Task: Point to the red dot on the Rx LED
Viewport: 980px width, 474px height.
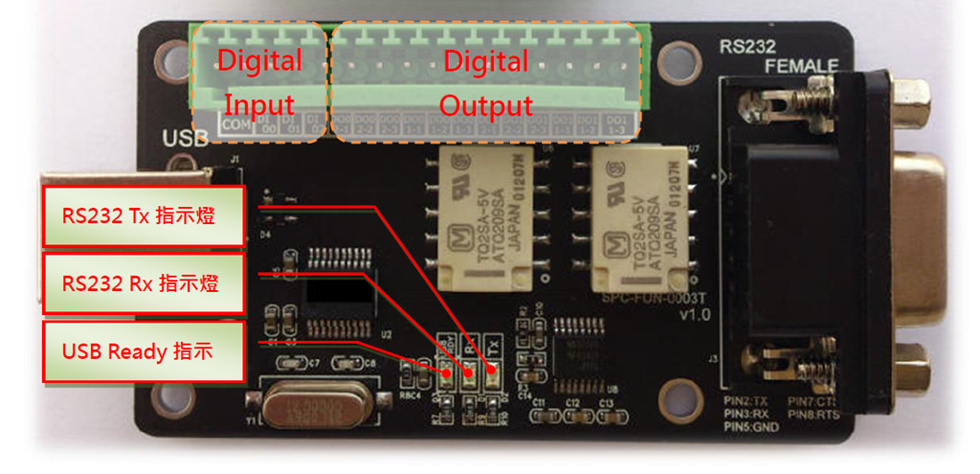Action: pos(469,374)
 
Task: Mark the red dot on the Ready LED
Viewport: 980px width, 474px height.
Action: pos(446,372)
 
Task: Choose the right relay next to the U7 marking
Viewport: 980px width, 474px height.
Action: pos(637,218)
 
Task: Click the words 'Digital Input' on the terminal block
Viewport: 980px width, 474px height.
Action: pos(259,82)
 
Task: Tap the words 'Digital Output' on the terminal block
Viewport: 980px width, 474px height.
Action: pos(485,82)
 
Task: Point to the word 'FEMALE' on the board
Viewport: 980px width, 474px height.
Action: pos(802,65)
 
